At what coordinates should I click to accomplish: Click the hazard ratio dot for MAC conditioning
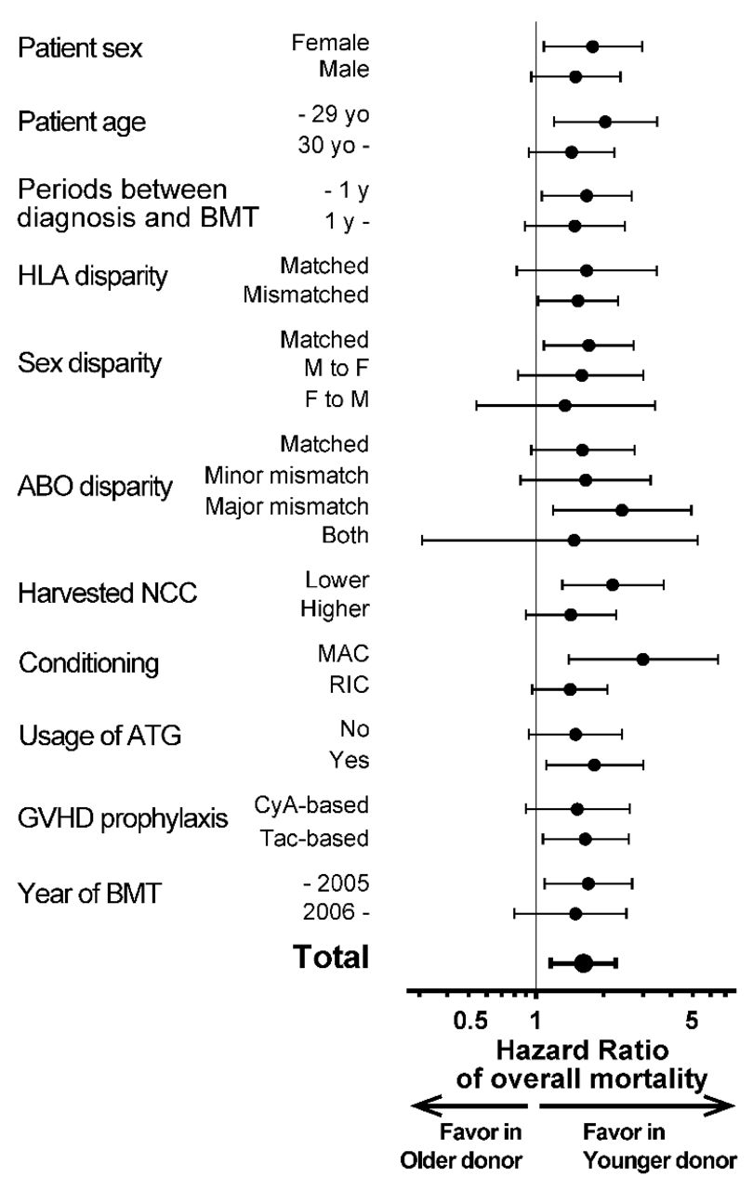[x=642, y=659]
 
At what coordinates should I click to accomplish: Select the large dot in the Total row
[x=584, y=963]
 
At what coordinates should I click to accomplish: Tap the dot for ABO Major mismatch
[x=622, y=510]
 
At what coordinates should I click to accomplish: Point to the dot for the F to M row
[x=564, y=405]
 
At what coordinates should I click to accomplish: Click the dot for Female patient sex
[x=592, y=46]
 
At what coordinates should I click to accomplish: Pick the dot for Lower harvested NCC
[x=612, y=584]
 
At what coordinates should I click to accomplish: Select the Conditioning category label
[x=89, y=664]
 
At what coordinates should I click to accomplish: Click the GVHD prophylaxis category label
[x=124, y=819]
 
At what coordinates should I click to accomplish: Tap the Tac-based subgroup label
[x=313, y=838]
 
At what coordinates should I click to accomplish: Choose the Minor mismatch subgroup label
[x=286, y=477]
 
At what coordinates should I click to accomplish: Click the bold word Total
[x=332, y=956]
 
